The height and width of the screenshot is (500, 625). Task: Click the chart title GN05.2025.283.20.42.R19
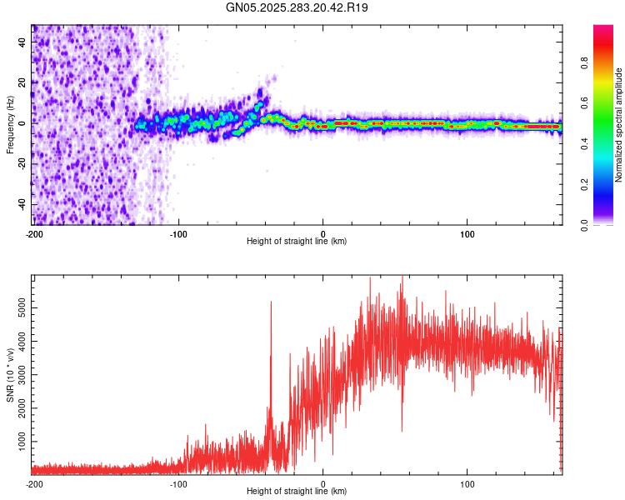[x=297, y=7]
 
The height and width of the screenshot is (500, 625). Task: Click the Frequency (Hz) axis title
[x=10, y=125]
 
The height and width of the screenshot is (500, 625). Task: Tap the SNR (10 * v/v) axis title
[x=10, y=375]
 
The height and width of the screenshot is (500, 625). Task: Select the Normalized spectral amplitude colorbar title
[x=619, y=125]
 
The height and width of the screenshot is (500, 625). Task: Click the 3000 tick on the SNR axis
[x=17, y=373]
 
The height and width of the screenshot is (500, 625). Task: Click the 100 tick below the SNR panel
[x=467, y=482]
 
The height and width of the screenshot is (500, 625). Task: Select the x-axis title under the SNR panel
[x=297, y=492]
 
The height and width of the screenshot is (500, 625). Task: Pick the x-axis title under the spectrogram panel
[x=297, y=242]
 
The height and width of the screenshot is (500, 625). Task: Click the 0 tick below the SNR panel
[x=323, y=482]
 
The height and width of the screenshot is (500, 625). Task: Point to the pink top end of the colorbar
[x=603, y=28]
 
